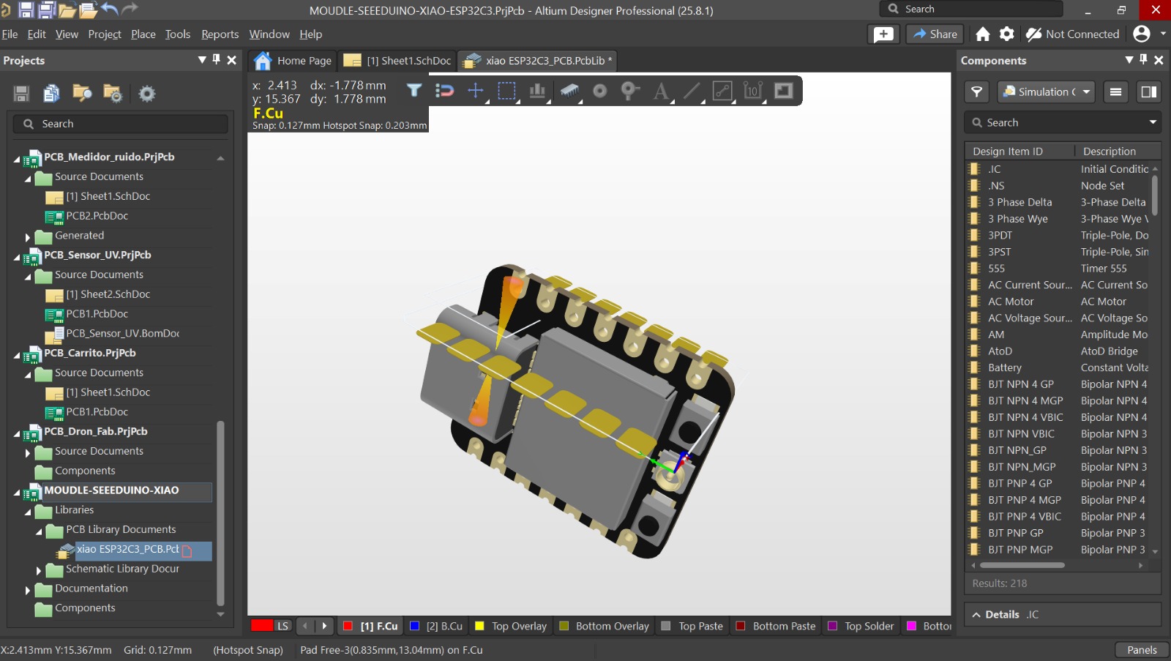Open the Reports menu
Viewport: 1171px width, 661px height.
point(220,34)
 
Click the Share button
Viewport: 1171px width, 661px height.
point(935,34)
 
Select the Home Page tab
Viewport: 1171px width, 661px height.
point(293,61)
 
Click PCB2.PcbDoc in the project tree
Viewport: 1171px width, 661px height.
point(97,216)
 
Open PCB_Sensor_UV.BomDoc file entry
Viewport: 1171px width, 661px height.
point(122,333)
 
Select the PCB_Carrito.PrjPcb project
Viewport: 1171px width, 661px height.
point(89,353)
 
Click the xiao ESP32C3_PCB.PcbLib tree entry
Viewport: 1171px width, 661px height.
point(127,549)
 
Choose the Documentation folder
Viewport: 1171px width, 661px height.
point(91,589)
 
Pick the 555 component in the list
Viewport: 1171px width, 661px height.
point(996,269)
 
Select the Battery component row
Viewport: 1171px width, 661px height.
point(1004,367)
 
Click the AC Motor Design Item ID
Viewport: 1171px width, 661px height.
point(1011,302)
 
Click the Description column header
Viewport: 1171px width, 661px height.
point(1109,152)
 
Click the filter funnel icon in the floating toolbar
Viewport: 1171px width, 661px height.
point(414,91)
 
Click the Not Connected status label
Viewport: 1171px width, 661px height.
point(1082,34)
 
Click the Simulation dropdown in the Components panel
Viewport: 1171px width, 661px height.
point(1046,92)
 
